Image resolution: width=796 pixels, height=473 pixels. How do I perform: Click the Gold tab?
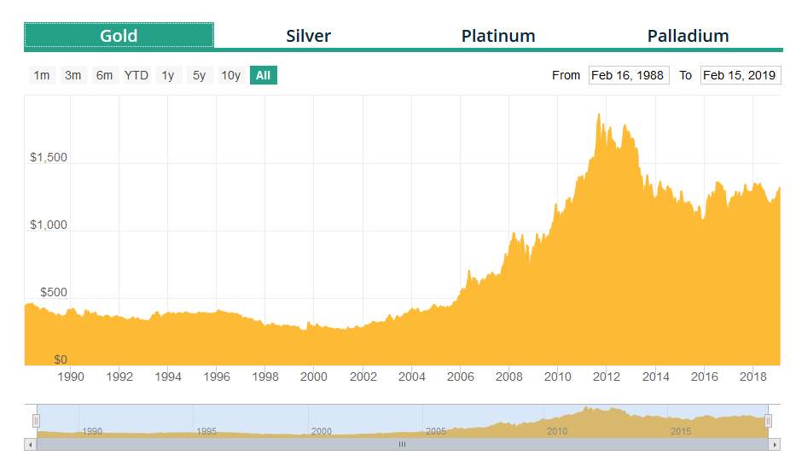pos(119,36)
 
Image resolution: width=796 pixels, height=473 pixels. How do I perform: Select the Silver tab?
pos(308,36)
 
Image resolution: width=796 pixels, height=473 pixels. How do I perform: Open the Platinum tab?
pos(498,36)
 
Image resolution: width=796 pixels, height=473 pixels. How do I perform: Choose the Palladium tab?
pos(688,36)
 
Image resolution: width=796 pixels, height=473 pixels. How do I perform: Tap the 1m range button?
pos(41,75)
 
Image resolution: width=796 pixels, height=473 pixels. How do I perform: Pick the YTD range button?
pos(137,75)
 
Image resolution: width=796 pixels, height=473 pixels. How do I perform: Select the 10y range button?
pos(230,75)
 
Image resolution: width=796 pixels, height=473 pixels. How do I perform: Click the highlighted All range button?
pos(263,75)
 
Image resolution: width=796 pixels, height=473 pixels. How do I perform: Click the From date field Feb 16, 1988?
pos(628,75)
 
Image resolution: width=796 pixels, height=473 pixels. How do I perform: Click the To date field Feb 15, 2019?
pos(740,75)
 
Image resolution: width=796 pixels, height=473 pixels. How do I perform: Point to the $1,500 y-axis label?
pos(48,158)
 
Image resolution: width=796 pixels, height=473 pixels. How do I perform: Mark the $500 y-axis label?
pos(53,292)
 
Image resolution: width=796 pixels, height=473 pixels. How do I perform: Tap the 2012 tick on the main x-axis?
pos(607,377)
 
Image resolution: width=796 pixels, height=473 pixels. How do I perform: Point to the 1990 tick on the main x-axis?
pos(70,377)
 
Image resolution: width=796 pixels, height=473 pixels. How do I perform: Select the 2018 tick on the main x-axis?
pos(752,377)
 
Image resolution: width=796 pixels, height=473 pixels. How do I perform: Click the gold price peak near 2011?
pos(599,114)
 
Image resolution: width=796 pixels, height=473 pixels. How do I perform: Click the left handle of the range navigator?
pos(36,420)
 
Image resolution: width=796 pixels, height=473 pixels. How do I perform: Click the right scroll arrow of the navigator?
pos(775,445)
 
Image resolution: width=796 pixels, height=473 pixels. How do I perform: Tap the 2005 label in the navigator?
pos(436,431)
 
